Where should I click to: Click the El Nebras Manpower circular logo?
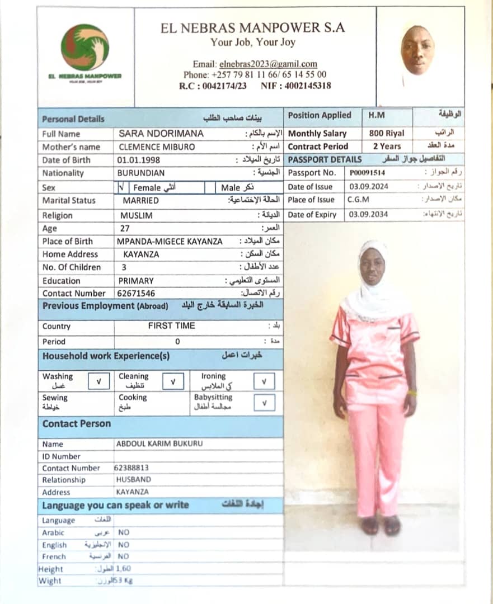click(85, 47)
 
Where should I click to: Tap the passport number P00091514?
click(367, 173)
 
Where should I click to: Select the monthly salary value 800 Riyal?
click(386, 134)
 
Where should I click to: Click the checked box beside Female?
click(122, 188)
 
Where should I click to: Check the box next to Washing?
click(98, 381)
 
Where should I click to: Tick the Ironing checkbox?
click(264, 381)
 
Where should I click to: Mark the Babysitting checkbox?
click(264, 403)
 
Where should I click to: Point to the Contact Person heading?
click(77, 424)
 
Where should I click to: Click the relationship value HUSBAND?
click(133, 480)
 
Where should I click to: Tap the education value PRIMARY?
click(135, 281)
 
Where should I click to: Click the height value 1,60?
click(123, 569)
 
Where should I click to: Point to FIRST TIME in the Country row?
click(171, 325)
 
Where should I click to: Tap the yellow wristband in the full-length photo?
click(412, 394)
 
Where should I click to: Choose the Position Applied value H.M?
click(376, 116)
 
